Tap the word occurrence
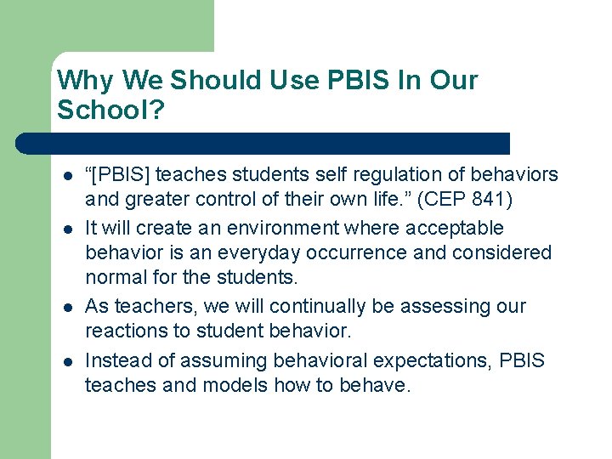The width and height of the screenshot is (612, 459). click(x=405, y=253)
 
